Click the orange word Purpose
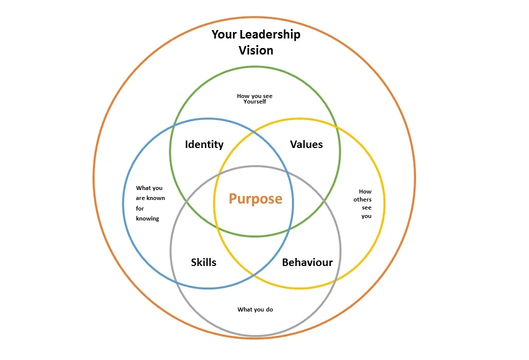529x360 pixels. pos(255,199)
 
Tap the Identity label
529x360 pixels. pos(204,144)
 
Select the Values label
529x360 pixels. pos(306,144)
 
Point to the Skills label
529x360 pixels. pos(203,262)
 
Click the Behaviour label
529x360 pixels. pos(307,262)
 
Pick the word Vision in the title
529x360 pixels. pos(255,50)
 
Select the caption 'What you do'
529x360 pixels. pos(255,309)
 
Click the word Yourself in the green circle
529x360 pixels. pos(255,101)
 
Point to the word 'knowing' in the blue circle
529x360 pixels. pos(147,218)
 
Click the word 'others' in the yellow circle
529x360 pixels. pos(362,199)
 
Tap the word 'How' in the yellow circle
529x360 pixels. pos(365,191)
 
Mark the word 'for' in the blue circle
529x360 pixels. pos(139,208)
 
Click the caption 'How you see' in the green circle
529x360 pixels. pos(255,96)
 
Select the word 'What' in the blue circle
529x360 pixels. pos(143,188)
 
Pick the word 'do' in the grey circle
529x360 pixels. pos(269,309)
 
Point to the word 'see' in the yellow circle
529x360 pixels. pos(366,207)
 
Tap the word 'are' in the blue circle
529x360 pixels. pos(140,198)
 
